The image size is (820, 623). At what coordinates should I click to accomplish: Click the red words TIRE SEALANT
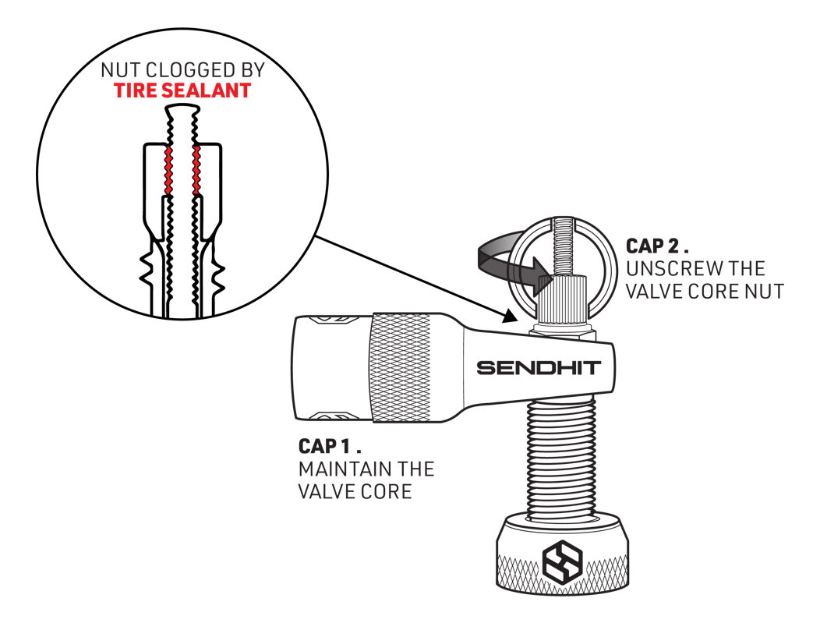click(182, 90)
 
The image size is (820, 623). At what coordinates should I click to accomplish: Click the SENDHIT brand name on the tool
click(539, 366)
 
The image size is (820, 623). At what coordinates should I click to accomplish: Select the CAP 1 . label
click(330, 448)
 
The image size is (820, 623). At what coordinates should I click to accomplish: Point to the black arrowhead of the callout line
click(511, 316)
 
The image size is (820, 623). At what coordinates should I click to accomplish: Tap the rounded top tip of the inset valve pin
click(182, 111)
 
